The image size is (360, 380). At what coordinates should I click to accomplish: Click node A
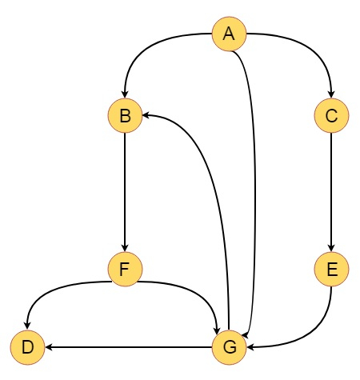click(229, 34)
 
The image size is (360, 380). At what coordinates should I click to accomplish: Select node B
click(125, 115)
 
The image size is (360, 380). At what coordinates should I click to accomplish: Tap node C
click(331, 115)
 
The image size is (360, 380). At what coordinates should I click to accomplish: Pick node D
click(27, 347)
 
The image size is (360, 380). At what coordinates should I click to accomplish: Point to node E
click(331, 269)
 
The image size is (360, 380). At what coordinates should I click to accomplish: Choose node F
click(125, 269)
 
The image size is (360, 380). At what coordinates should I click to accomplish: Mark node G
click(229, 347)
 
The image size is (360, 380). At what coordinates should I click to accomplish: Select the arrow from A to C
click(312, 49)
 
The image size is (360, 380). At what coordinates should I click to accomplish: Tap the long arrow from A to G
click(254, 186)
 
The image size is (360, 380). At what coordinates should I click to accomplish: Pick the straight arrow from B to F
click(125, 192)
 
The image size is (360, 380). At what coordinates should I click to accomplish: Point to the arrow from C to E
click(331, 192)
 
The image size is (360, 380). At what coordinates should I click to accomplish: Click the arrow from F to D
click(48, 290)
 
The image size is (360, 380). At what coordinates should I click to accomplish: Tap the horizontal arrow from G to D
click(129, 347)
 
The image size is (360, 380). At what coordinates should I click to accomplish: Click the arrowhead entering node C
click(331, 94)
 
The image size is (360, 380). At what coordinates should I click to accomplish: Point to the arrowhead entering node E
click(331, 248)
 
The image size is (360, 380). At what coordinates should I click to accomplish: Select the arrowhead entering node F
click(125, 248)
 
